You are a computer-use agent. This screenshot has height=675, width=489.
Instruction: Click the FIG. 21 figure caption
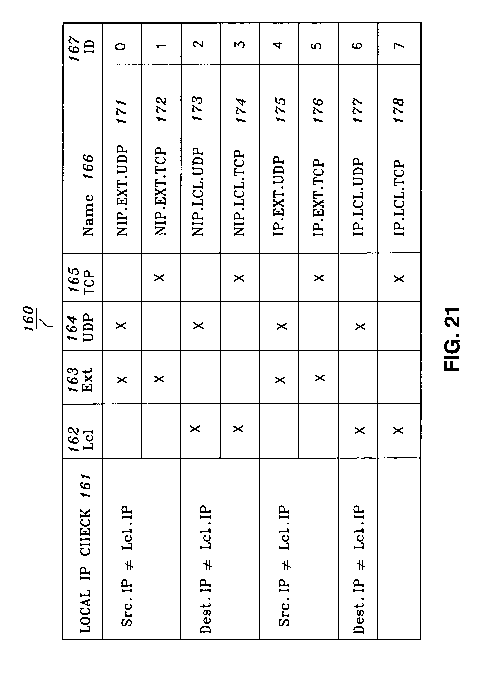click(452, 339)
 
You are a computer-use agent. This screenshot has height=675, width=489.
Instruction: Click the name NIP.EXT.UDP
click(122, 191)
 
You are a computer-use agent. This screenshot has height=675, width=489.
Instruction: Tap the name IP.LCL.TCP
click(399, 198)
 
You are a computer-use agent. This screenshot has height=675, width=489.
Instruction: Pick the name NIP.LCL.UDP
click(198, 192)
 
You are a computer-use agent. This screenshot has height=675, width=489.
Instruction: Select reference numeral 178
click(399, 110)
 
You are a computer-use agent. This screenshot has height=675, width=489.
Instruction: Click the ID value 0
click(121, 46)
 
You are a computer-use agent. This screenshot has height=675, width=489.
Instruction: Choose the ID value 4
click(279, 45)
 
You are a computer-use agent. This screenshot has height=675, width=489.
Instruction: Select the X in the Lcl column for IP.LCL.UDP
click(360, 430)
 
